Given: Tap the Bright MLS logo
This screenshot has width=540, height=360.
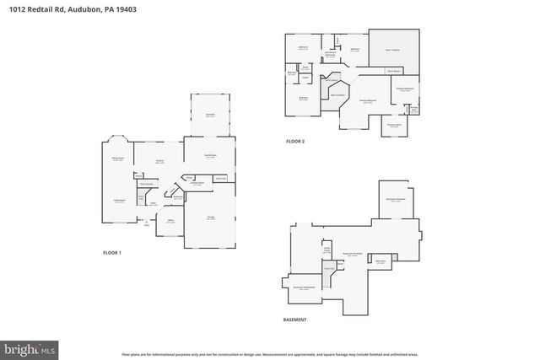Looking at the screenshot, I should point(30,347).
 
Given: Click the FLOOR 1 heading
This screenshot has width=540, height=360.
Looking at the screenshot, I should point(112,253).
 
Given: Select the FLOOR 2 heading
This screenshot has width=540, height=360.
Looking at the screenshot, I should point(294,141).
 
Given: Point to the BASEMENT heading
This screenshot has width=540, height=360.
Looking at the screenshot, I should point(294,320).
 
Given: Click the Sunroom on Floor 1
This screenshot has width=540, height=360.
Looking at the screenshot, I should point(209,115).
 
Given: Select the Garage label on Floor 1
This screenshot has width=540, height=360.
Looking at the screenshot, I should point(209,217).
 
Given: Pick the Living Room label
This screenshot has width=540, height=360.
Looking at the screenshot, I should point(120,201).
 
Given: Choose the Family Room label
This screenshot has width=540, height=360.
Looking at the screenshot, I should point(210,155).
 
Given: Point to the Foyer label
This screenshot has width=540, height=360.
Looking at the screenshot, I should point(153,203).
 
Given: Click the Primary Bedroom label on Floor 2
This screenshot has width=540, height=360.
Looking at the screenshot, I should point(367,100).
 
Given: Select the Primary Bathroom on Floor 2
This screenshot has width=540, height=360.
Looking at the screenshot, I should point(405,89).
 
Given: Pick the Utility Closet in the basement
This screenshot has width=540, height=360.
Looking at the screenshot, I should point(326,250).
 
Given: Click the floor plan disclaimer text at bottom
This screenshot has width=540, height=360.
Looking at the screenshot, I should point(269,355).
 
